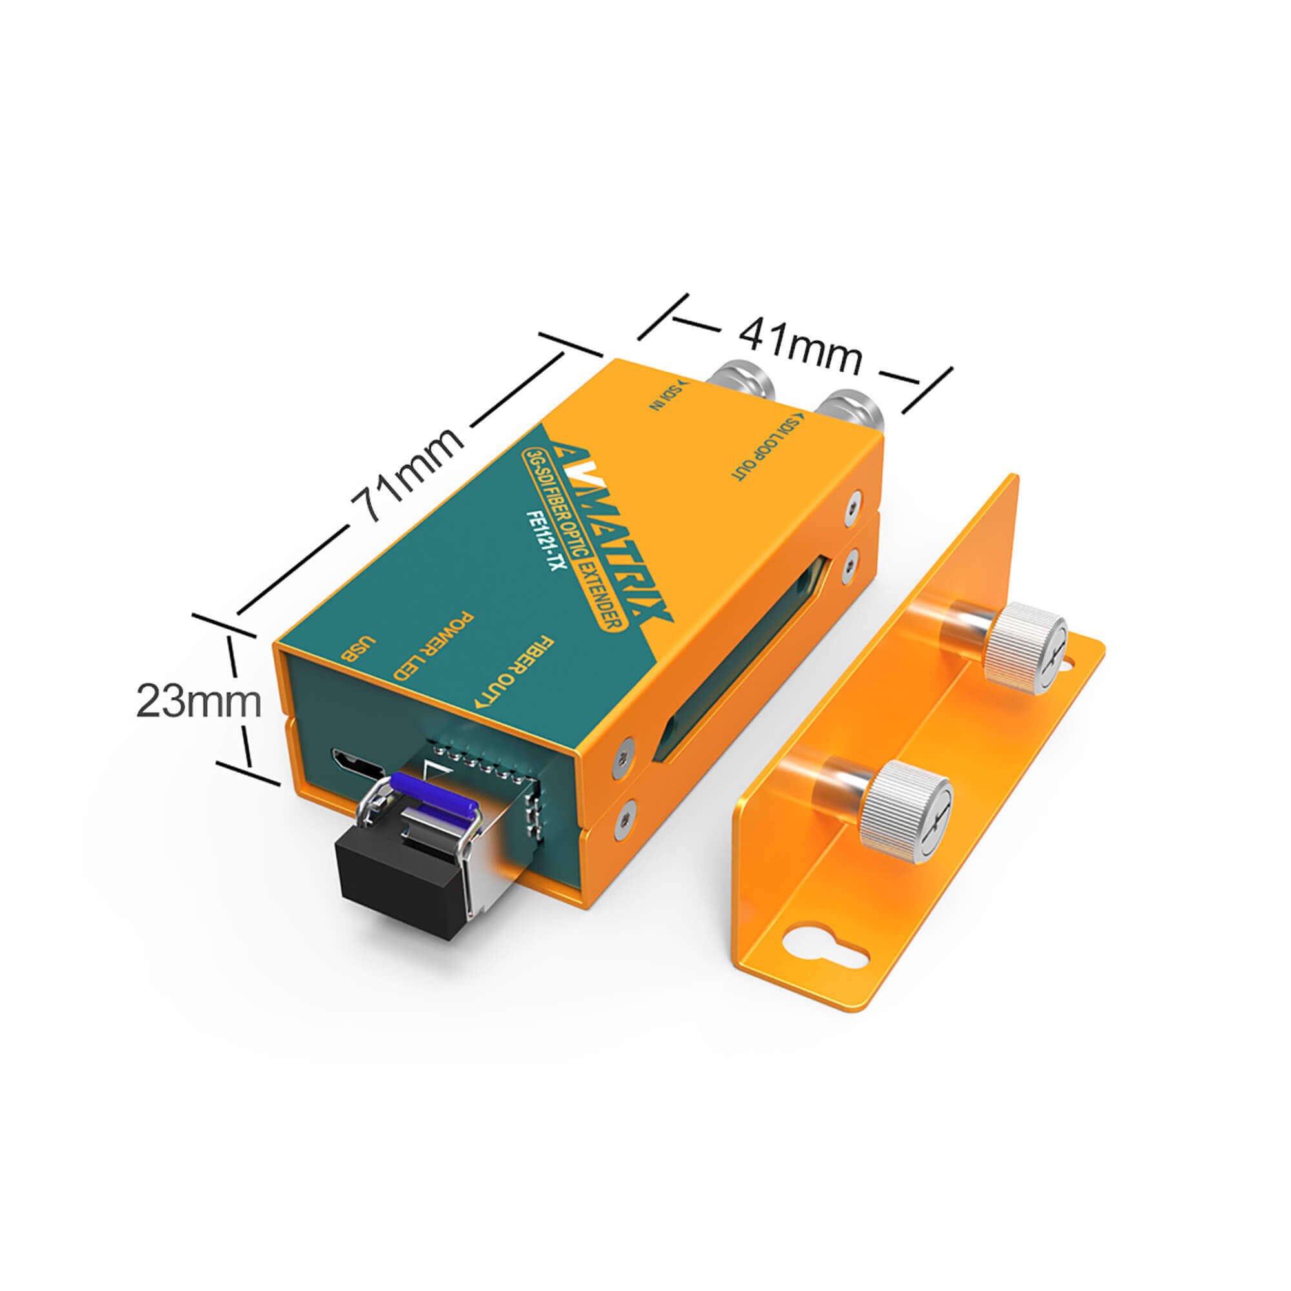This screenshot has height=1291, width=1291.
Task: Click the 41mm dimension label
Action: [x=800, y=346]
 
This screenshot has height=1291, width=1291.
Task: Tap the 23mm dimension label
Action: [x=198, y=702]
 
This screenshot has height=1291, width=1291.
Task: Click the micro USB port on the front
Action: [x=358, y=764]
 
